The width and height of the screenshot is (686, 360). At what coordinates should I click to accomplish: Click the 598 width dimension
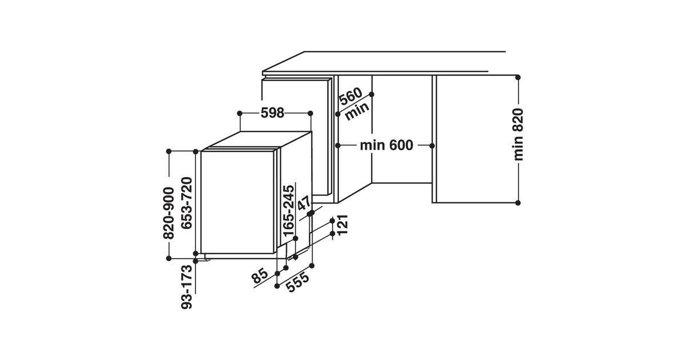(273, 113)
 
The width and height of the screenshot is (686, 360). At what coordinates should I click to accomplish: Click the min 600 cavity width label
(386, 146)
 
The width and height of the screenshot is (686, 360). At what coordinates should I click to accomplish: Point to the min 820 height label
(518, 134)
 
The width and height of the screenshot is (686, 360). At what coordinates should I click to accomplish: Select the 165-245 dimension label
(289, 210)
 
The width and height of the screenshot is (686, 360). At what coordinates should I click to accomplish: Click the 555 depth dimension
(298, 282)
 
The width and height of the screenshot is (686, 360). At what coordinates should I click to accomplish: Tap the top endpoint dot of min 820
(518, 77)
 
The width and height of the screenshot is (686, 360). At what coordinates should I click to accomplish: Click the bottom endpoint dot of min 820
(518, 202)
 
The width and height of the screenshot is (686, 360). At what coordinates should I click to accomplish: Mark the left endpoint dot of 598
(239, 113)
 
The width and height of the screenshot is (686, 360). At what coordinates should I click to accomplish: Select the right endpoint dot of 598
(311, 113)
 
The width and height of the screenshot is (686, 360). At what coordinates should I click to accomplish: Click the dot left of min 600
(338, 146)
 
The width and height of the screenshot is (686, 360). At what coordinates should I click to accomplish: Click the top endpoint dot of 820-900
(170, 151)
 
